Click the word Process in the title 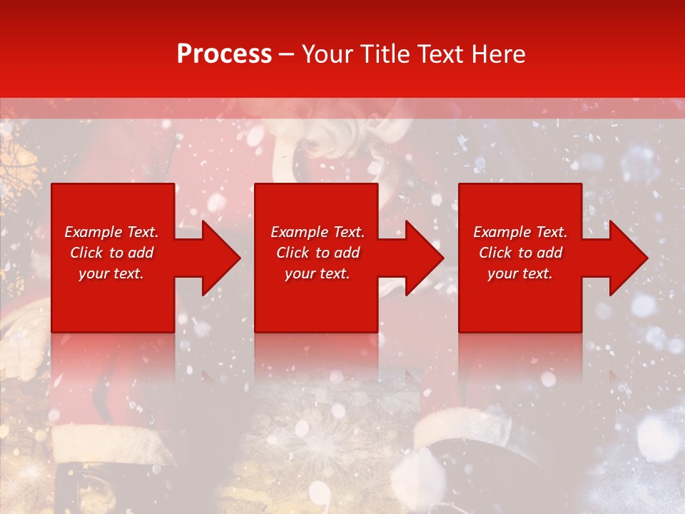point(224,54)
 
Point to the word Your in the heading point(327,54)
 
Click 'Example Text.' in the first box point(111,232)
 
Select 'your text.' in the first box point(111,273)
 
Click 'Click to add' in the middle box point(318,253)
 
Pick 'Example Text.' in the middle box point(318,232)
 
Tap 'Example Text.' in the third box point(520,232)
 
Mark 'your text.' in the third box point(520,273)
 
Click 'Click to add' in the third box point(520,253)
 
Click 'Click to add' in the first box point(111,253)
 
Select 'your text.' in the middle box point(318,273)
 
